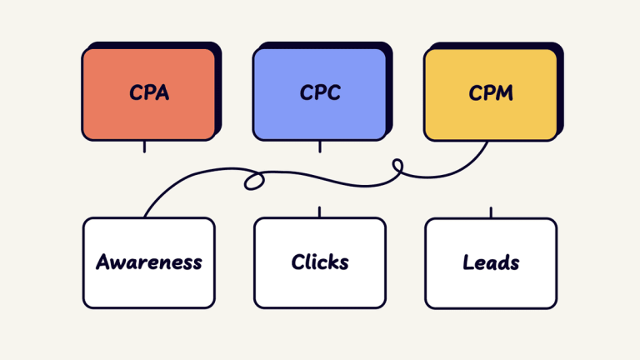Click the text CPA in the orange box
(x=149, y=92)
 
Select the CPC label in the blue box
(x=320, y=92)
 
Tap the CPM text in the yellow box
(x=491, y=92)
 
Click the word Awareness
(x=149, y=262)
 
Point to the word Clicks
(x=320, y=262)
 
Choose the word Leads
(x=491, y=262)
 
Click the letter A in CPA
(x=162, y=92)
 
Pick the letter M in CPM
(x=504, y=92)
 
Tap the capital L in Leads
(x=468, y=262)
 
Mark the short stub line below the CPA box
(x=144, y=147)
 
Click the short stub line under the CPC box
(x=320, y=147)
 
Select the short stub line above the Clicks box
(x=320, y=212)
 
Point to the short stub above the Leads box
(x=491, y=212)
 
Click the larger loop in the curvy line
(x=253, y=181)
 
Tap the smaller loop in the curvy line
(x=397, y=169)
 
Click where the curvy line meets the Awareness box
(x=145, y=217)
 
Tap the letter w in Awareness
(x=116, y=263)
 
